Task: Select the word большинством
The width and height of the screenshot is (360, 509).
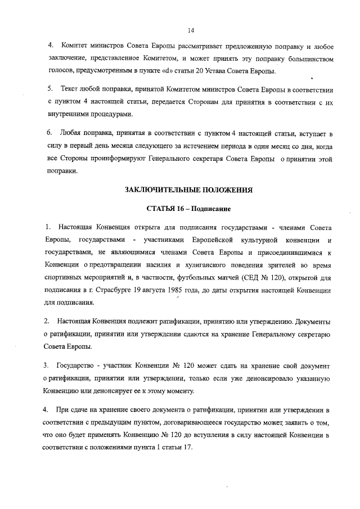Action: click(309, 59)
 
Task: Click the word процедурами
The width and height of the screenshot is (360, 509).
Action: click(107, 114)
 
